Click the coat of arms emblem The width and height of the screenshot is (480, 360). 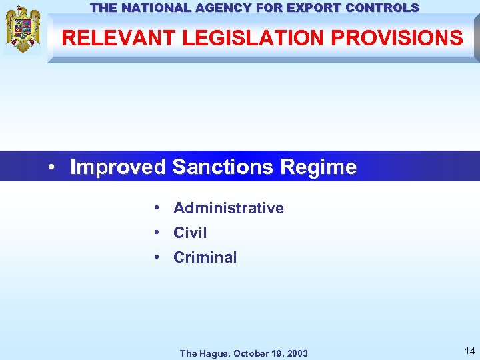point(23,29)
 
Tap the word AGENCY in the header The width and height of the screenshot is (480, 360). point(223,8)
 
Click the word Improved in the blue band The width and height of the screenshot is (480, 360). point(118,167)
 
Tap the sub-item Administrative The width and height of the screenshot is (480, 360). point(228,208)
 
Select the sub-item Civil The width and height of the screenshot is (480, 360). point(190,233)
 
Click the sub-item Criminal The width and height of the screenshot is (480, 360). point(205,257)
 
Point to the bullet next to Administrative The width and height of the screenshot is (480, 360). point(154,208)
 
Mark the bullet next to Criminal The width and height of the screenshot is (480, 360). point(154,257)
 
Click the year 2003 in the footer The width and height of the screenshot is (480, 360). point(297,353)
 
